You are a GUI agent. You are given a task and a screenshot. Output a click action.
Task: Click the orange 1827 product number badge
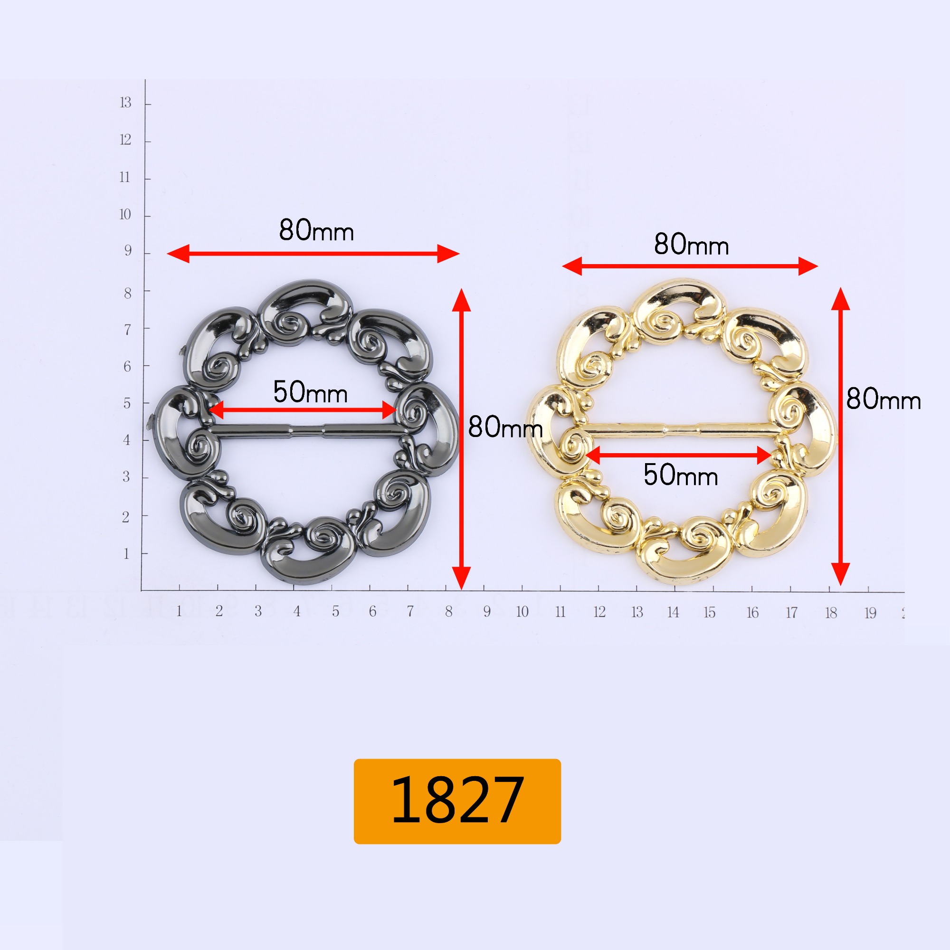click(457, 801)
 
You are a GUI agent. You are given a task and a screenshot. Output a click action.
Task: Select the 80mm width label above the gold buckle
click(691, 244)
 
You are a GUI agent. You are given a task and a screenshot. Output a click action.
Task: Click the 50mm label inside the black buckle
click(310, 392)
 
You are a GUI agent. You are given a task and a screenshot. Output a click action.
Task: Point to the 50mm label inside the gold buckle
click(681, 475)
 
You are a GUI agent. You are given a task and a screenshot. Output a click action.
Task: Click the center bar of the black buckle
click(308, 431)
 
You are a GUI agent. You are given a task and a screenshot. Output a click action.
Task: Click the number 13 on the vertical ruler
click(125, 102)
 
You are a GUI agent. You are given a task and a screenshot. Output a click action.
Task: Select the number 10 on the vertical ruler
click(125, 214)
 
